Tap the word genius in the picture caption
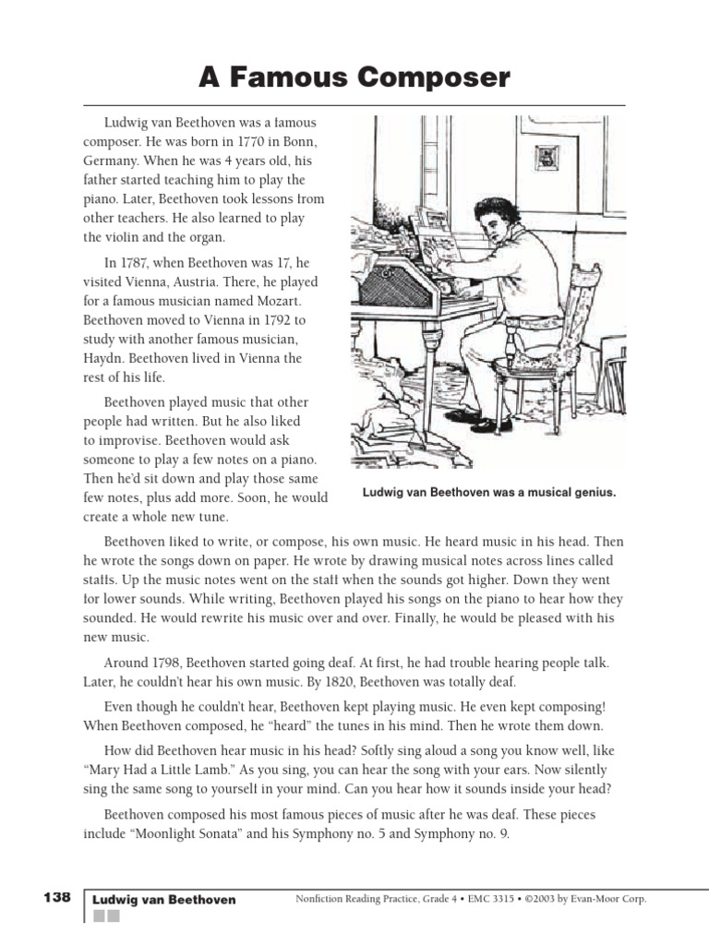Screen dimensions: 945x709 [592, 493]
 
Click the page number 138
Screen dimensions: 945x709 [56, 897]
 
